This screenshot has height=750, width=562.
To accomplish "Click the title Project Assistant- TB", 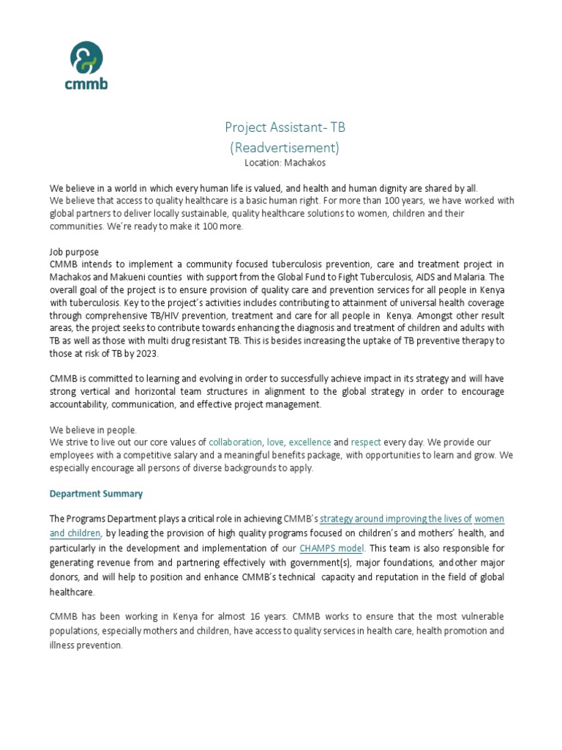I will tap(285, 127).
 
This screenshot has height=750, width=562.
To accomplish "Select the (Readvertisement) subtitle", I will tap(285, 147).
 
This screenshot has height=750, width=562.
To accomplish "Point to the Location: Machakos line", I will tap(285, 163).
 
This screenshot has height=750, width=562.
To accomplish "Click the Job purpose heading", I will tap(74, 251).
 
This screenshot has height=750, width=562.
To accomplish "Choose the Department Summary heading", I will tap(96, 494).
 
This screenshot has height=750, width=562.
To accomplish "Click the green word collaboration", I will tap(235, 442).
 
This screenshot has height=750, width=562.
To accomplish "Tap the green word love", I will tap(275, 442).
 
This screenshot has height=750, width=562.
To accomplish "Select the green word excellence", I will tap(310, 442).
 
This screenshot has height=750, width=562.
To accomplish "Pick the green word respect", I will tap(366, 442).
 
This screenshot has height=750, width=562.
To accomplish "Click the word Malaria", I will tap(465, 277).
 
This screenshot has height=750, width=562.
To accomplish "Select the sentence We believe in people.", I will tap(93, 429).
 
